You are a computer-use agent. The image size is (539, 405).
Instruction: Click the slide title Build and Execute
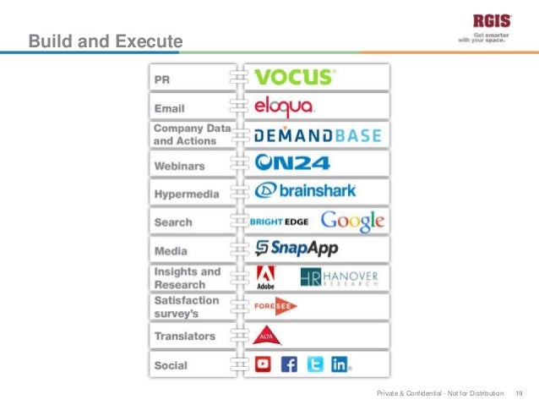pyautogui.click(x=105, y=40)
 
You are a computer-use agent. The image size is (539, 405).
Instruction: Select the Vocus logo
pyautogui.click(x=295, y=77)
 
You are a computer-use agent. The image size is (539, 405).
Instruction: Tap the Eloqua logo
pyautogui.click(x=284, y=107)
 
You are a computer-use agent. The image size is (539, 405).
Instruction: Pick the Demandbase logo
pyautogui.click(x=318, y=134)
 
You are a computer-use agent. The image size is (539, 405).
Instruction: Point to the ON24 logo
pyautogui.click(x=292, y=161)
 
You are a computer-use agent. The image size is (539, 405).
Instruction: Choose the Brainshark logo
pyautogui.click(x=306, y=190)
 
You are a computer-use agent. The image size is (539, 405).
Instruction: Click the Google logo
pyautogui.click(x=352, y=221)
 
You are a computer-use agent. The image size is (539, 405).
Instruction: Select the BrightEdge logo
pyautogui.click(x=280, y=222)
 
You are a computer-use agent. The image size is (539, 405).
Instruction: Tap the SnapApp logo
pyautogui.click(x=297, y=248)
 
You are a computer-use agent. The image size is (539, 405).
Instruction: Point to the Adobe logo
pyautogui.click(x=265, y=278)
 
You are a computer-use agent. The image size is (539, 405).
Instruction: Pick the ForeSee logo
pyautogui.click(x=275, y=307)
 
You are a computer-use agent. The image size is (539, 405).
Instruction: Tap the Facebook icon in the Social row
pyautogui.click(x=289, y=364)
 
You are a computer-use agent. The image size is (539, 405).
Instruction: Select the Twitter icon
pyautogui.click(x=315, y=364)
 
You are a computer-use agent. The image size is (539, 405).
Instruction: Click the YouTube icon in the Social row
pyautogui.click(x=264, y=364)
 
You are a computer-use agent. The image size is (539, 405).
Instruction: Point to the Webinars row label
pyautogui.click(x=179, y=166)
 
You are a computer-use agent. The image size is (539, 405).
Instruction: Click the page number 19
pyautogui.click(x=519, y=393)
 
